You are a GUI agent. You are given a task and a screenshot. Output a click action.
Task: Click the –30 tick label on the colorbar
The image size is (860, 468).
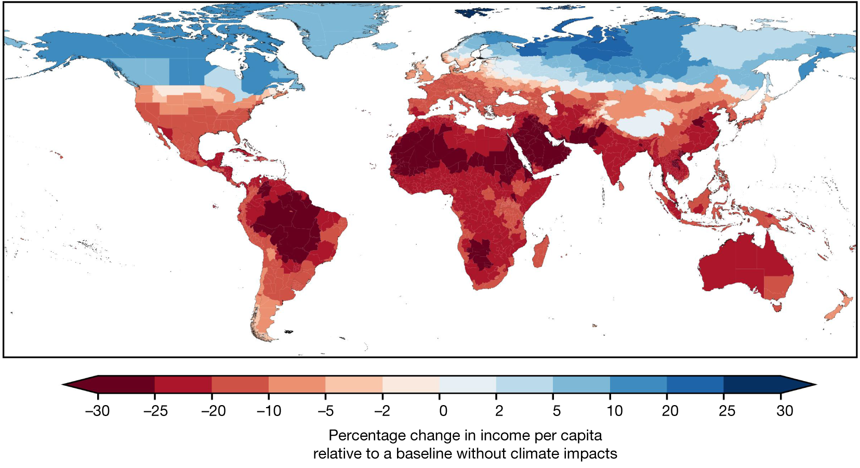click(x=97, y=411)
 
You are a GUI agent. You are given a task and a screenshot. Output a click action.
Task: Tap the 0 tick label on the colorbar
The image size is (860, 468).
click(x=443, y=411)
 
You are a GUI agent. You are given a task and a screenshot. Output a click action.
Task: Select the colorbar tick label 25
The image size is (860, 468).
click(x=726, y=411)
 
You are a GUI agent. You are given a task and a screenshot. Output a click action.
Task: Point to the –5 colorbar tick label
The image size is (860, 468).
click(x=325, y=411)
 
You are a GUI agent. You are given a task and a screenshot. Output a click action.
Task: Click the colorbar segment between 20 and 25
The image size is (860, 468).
click(x=695, y=384)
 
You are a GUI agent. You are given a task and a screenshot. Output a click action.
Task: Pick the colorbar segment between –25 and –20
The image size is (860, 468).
click(x=183, y=384)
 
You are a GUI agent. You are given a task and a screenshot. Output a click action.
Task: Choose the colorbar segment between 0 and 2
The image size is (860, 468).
click(x=468, y=384)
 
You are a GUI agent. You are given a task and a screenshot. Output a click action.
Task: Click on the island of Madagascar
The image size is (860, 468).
click(x=541, y=251)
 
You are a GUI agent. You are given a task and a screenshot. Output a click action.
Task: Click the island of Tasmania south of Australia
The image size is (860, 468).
click(x=777, y=307)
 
